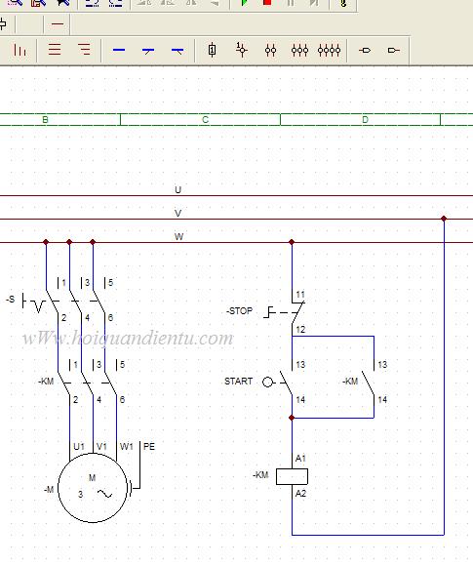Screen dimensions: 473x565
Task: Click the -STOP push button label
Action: [240, 310]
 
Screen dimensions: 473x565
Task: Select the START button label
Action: [238, 381]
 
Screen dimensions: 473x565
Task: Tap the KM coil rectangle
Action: [292, 476]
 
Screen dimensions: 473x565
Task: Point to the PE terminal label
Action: [149, 447]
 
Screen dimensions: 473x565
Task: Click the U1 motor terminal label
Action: [79, 447]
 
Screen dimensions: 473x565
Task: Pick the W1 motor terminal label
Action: [126, 447]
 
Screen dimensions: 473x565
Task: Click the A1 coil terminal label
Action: [300, 459]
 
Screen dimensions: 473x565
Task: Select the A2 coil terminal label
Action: [300, 494]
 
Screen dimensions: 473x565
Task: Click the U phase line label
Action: [177, 189]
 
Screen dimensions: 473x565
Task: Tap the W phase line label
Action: [178, 236]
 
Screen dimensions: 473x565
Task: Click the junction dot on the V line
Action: [444, 219]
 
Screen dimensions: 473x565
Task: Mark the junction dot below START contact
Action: [292, 418]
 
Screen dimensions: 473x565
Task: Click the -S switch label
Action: [11, 299]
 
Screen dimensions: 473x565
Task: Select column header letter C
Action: [205, 120]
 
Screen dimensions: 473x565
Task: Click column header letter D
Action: [365, 120]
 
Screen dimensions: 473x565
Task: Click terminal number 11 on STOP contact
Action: [300, 295]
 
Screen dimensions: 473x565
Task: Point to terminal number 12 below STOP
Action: [300, 330]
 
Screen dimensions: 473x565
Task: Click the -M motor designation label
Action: [49, 489]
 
